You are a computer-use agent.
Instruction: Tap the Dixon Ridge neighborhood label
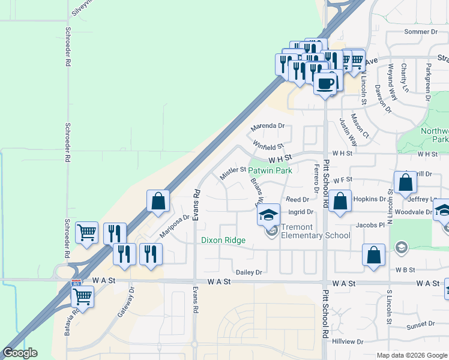click(x=223, y=240)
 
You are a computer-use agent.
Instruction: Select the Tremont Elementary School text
click(x=316, y=231)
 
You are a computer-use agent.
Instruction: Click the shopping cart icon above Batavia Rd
click(x=82, y=296)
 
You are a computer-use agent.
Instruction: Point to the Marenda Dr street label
click(x=267, y=126)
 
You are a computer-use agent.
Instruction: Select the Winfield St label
click(x=268, y=145)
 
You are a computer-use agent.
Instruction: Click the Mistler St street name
click(x=233, y=173)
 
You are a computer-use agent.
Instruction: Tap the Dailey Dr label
click(x=249, y=272)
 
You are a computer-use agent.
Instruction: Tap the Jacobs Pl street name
click(x=369, y=225)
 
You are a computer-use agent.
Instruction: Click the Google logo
click(x=20, y=353)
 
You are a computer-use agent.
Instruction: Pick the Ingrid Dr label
click(x=301, y=212)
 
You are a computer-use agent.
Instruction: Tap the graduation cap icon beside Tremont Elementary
click(x=268, y=214)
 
